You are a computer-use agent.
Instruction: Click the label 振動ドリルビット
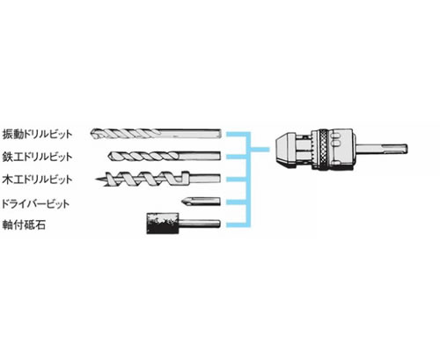[37, 134]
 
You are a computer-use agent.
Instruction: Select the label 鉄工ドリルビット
[37, 157]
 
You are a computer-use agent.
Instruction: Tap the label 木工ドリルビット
[37, 180]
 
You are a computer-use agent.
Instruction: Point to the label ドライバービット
[35, 203]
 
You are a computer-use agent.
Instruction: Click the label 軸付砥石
[24, 225]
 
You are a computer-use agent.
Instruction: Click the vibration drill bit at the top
[156, 134]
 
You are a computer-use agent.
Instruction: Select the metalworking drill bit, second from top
[165, 156]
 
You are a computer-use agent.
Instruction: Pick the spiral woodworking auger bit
[158, 179]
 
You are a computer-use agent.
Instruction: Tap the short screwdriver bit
[201, 202]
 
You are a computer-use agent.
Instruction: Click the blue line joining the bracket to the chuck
[260, 150]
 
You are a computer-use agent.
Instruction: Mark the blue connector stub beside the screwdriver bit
[236, 202]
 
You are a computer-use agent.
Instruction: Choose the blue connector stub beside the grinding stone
[236, 225]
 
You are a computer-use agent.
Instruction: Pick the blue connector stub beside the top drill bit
[236, 134]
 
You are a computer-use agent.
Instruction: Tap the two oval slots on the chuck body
[336, 139]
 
